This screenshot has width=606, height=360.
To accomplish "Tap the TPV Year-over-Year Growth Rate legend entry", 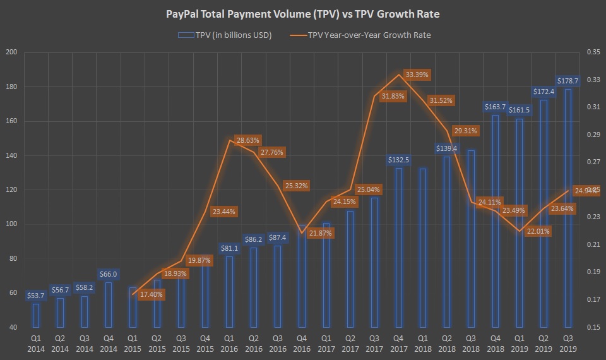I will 369,35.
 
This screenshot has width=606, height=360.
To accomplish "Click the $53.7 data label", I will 36,296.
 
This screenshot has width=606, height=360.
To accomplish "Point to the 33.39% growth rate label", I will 417,75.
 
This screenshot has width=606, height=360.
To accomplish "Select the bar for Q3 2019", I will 568,208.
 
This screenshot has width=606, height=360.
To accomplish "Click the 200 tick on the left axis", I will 11,52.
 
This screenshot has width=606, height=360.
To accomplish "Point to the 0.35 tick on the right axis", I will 593,52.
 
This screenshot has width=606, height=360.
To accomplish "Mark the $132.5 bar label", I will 399,160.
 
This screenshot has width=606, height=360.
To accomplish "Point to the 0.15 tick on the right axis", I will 593,327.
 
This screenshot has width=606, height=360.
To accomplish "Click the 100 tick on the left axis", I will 11,224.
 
